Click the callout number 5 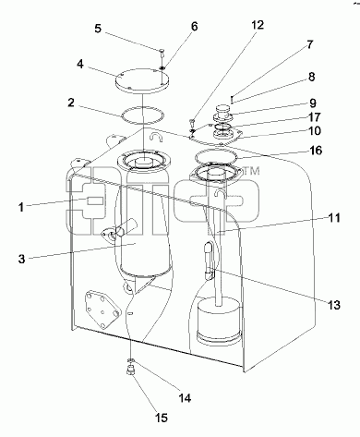click(x=98, y=29)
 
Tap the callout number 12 click(x=258, y=25)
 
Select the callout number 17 click(x=315, y=117)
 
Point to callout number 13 click(x=334, y=305)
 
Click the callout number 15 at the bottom click(x=162, y=418)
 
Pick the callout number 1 click(x=21, y=207)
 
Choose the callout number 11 click(x=334, y=218)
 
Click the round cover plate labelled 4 click(x=142, y=80)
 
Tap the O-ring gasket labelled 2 click(x=143, y=107)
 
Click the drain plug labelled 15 click(x=131, y=370)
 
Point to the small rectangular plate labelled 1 click(x=95, y=201)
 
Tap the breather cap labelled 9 click(x=223, y=113)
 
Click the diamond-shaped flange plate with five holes click(x=102, y=310)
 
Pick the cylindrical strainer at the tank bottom click(x=218, y=321)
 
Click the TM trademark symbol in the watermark click(x=252, y=171)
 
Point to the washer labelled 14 click(x=131, y=360)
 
